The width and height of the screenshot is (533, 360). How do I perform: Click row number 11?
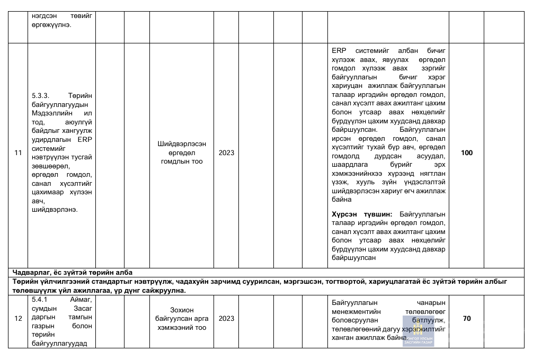18,153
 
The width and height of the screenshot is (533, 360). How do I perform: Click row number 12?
18,319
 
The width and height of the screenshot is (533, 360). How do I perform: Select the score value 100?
466,153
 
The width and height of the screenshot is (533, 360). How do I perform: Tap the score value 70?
466,319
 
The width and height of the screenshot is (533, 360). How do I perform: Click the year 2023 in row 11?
226,153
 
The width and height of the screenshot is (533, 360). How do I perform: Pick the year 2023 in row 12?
226,319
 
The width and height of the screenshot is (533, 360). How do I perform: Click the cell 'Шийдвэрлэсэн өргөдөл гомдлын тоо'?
182,152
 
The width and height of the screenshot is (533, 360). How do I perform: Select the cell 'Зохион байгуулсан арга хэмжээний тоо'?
182,318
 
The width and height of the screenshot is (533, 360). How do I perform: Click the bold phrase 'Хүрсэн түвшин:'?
362,214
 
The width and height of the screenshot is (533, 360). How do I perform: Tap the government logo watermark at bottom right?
418,331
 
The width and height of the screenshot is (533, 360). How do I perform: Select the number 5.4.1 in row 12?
41,300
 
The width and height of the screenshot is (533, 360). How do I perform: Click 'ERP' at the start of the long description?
339,50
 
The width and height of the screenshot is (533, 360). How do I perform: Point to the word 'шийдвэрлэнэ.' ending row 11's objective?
55,210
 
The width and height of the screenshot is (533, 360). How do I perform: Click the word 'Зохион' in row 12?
182,309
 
